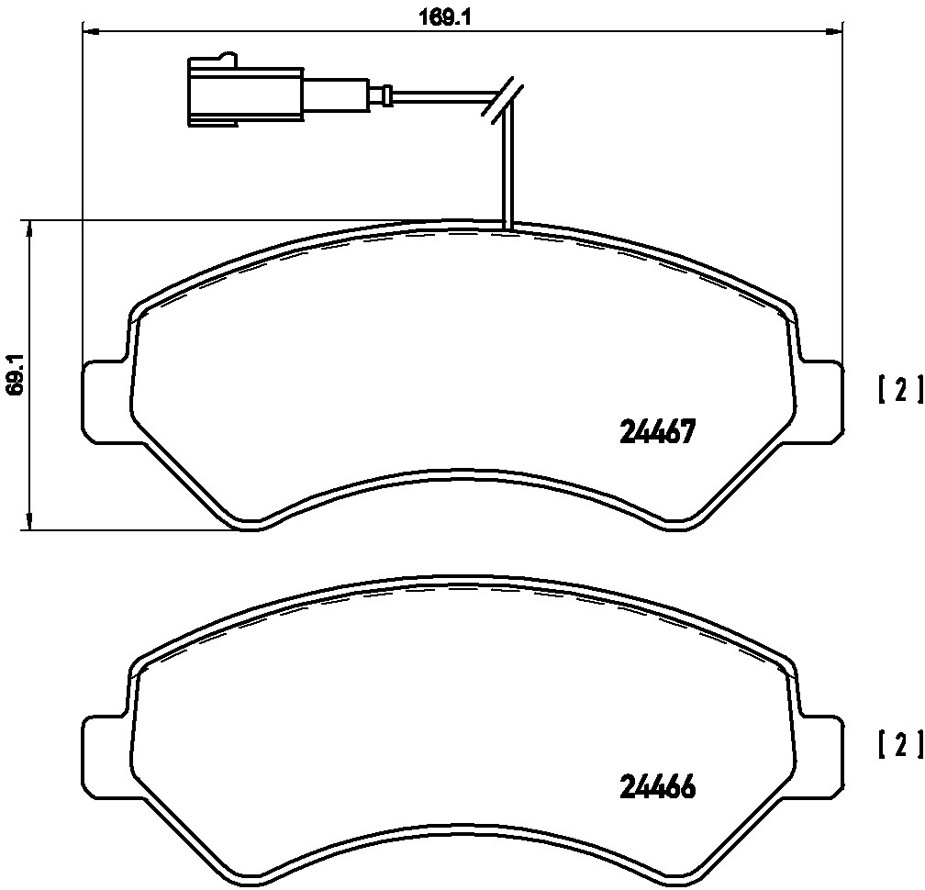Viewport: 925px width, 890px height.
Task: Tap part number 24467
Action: [658, 432]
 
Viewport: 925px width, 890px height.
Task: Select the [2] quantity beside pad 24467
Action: [899, 389]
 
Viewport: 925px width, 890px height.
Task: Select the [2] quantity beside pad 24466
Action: [899, 743]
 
